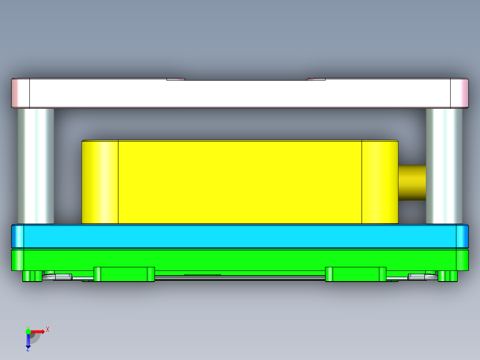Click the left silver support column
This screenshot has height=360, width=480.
(36, 166)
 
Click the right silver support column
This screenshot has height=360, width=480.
(444, 166)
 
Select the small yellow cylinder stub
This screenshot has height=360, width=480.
(412, 182)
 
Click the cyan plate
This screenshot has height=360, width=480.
(240, 236)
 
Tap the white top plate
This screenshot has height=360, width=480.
(240, 94)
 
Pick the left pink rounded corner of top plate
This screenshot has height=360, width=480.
(20, 94)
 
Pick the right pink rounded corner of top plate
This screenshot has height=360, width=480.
(460, 94)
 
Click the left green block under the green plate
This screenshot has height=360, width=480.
(124, 274)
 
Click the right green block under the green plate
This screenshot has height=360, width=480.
(355, 274)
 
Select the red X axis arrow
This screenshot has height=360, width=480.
(37, 331)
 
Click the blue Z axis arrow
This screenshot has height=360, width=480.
(28, 341)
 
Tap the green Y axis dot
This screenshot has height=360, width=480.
(28, 331)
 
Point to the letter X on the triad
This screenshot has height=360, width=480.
(48, 329)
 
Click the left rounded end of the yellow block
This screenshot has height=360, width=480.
(100, 182)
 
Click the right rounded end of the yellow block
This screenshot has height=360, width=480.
(380, 182)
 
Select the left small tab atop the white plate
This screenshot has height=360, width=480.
(175, 79)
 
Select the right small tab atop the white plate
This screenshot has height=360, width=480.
(316, 79)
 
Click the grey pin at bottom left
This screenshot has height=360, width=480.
(57, 277)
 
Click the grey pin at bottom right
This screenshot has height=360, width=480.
(423, 277)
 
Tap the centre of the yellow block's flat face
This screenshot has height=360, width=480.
(240, 182)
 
